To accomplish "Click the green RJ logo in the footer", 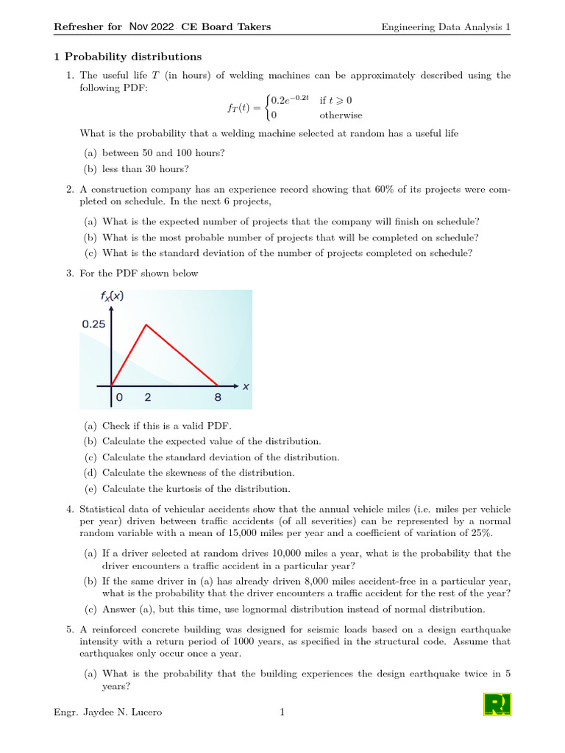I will click(x=497, y=704).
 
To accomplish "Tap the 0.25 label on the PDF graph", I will click(x=93, y=324).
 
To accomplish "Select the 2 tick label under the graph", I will click(x=148, y=397).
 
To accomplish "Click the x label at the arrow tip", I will click(x=246, y=385).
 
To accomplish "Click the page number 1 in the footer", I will click(x=282, y=712).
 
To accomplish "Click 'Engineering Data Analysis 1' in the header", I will click(x=446, y=27).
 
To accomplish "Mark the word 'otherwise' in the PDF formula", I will click(x=341, y=115).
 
